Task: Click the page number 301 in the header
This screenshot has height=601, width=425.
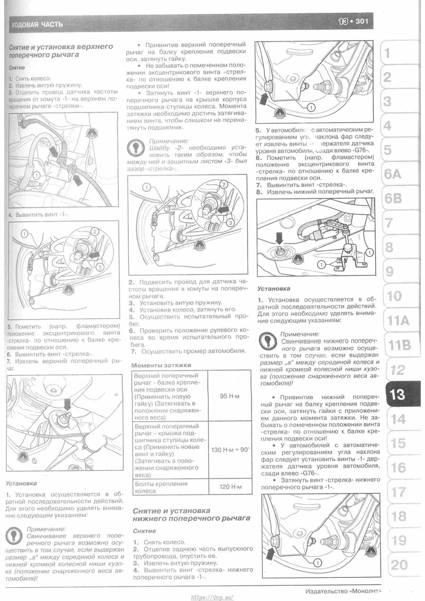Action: click(x=362, y=21)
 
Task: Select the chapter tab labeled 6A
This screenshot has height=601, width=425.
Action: click(x=392, y=174)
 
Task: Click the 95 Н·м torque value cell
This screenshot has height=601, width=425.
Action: click(x=229, y=396)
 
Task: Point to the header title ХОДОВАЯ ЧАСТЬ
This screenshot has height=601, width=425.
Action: click(x=37, y=25)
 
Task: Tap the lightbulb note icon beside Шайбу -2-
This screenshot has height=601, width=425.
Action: click(x=136, y=148)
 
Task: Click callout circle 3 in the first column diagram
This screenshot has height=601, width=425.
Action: click(x=100, y=267)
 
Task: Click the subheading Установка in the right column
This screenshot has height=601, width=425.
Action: click(x=273, y=289)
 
